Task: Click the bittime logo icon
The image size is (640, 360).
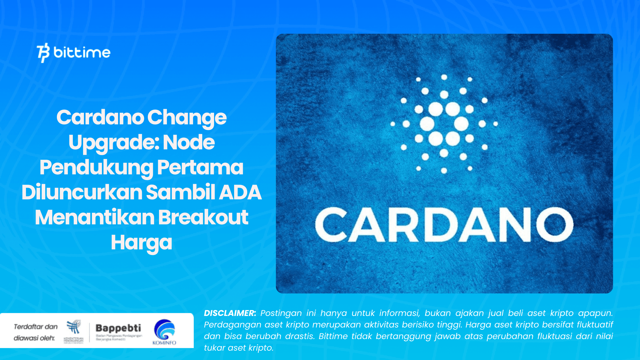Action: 43,52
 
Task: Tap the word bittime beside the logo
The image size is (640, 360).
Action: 82,52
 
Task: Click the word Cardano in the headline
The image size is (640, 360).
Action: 100,117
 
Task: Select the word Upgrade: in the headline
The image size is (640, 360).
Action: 114,142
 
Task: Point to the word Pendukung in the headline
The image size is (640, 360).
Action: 96,167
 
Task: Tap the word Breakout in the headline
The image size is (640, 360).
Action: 203,217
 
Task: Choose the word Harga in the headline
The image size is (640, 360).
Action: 141,242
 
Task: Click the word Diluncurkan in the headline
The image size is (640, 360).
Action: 82,192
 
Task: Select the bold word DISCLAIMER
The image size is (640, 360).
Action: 230,313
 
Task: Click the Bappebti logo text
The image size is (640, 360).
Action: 118,328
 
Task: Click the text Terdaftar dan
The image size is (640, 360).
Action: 36,327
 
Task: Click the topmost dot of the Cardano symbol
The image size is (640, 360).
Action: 444,77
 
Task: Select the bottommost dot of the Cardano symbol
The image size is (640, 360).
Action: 444,171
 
